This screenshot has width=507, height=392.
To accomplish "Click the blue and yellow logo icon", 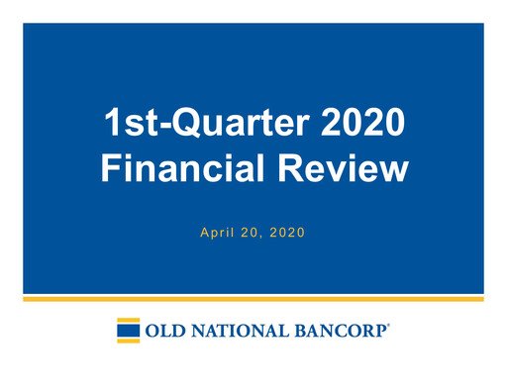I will [x=128, y=331].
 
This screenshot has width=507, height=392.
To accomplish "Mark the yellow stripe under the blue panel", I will [x=253, y=298].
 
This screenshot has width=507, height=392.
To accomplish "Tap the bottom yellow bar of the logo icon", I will [x=128, y=342].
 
